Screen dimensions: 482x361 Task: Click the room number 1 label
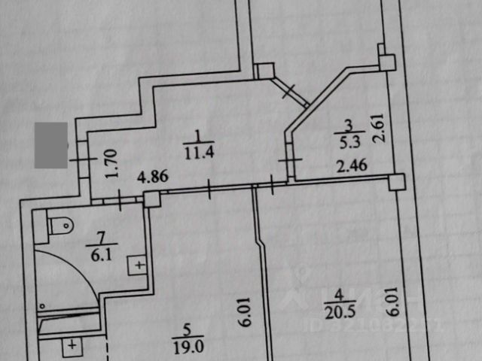click(198, 135)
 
